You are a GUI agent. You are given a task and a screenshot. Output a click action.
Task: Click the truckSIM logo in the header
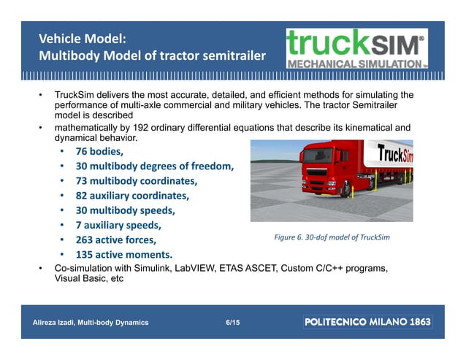[356, 48]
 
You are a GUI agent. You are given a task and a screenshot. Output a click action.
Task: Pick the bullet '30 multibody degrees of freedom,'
[154, 166]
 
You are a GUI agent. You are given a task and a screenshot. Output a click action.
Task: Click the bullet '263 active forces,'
[116, 240]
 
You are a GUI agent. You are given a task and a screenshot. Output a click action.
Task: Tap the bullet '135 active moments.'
[124, 254]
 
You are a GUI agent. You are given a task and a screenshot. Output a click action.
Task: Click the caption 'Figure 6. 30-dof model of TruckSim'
[332, 237]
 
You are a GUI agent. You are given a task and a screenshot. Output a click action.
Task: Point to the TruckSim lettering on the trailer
[394, 154]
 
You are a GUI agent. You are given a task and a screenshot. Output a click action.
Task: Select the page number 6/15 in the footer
[233, 322]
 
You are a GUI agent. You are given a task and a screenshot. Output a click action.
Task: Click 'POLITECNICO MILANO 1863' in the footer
[367, 321]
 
